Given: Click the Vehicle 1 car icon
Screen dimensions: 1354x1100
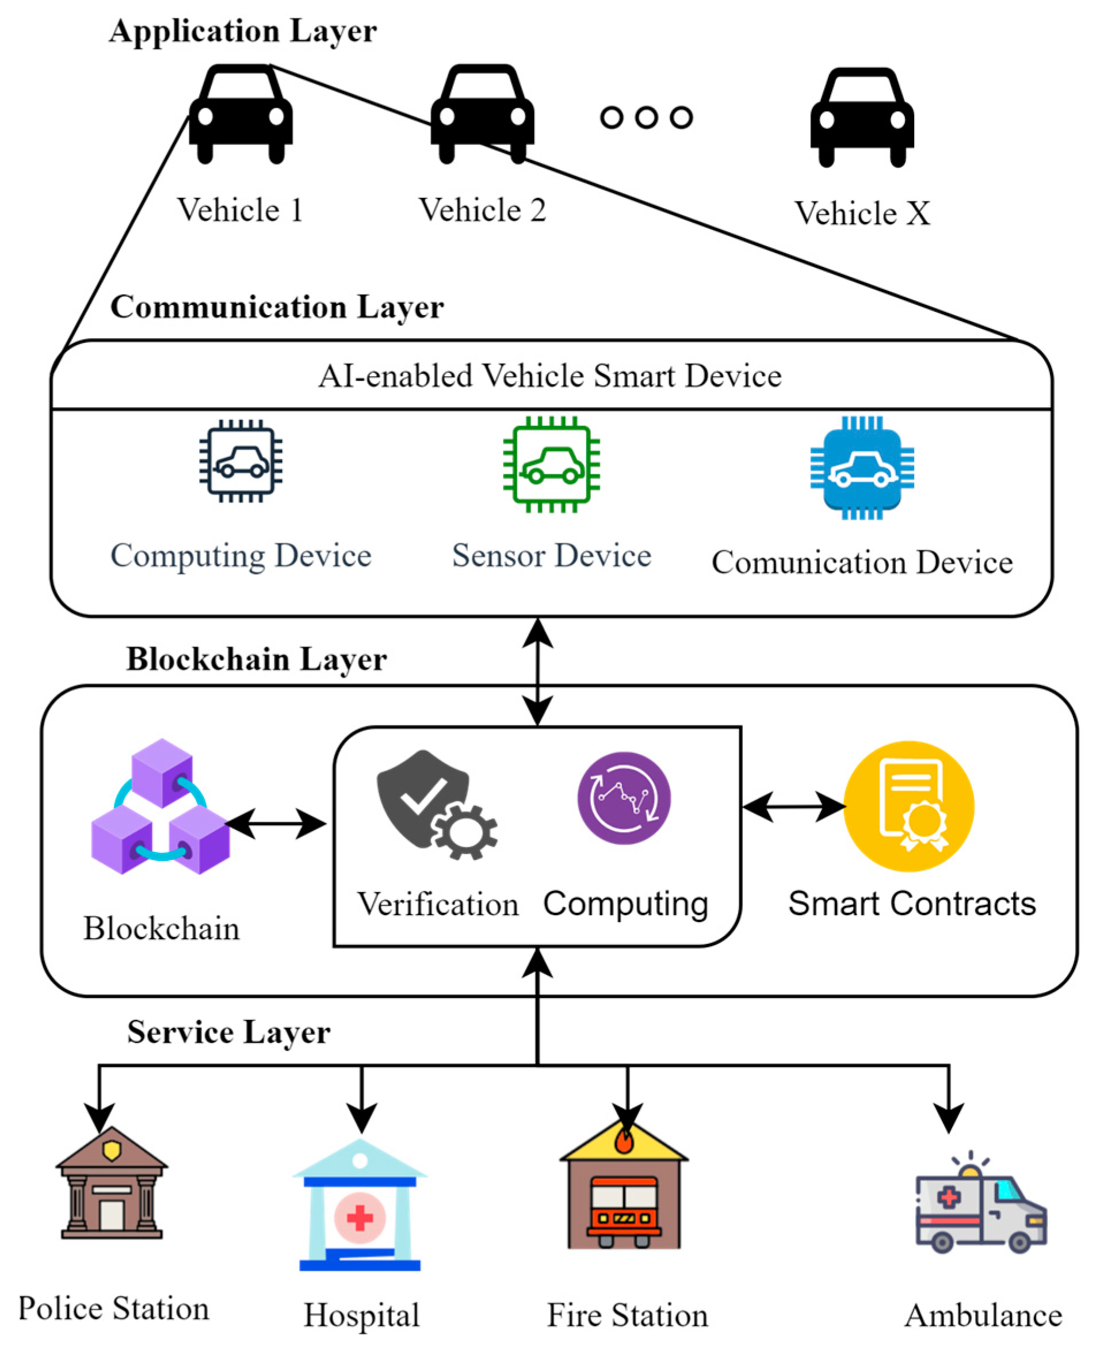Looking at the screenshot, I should click(x=241, y=114).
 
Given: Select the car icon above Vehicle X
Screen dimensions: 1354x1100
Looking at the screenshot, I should click(x=862, y=117).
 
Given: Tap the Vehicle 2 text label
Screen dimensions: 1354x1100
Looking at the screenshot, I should click(x=482, y=211).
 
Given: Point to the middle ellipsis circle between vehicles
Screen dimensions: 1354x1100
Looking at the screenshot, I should click(x=646, y=117).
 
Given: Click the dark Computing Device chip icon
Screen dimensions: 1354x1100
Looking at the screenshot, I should click(x=241, y=461).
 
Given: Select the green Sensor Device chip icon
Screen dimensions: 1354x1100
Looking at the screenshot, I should click(x=551, y=464).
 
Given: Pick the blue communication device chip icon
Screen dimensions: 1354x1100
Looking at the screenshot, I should click(x=862, y=468).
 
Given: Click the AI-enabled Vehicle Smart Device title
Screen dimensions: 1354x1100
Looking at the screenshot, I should click(x=550, y=376).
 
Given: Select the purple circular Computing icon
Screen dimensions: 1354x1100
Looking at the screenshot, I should click(x=624, y=798).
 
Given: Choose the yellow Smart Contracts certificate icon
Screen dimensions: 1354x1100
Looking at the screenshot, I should click(x=908, y=806).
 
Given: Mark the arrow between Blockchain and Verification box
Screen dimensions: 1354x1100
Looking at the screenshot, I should click(x=276, y=824).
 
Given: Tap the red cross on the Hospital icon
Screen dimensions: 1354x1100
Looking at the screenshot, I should click(x=360, y=1217).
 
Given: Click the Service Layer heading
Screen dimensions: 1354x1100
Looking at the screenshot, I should click(x=229, y=1032).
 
